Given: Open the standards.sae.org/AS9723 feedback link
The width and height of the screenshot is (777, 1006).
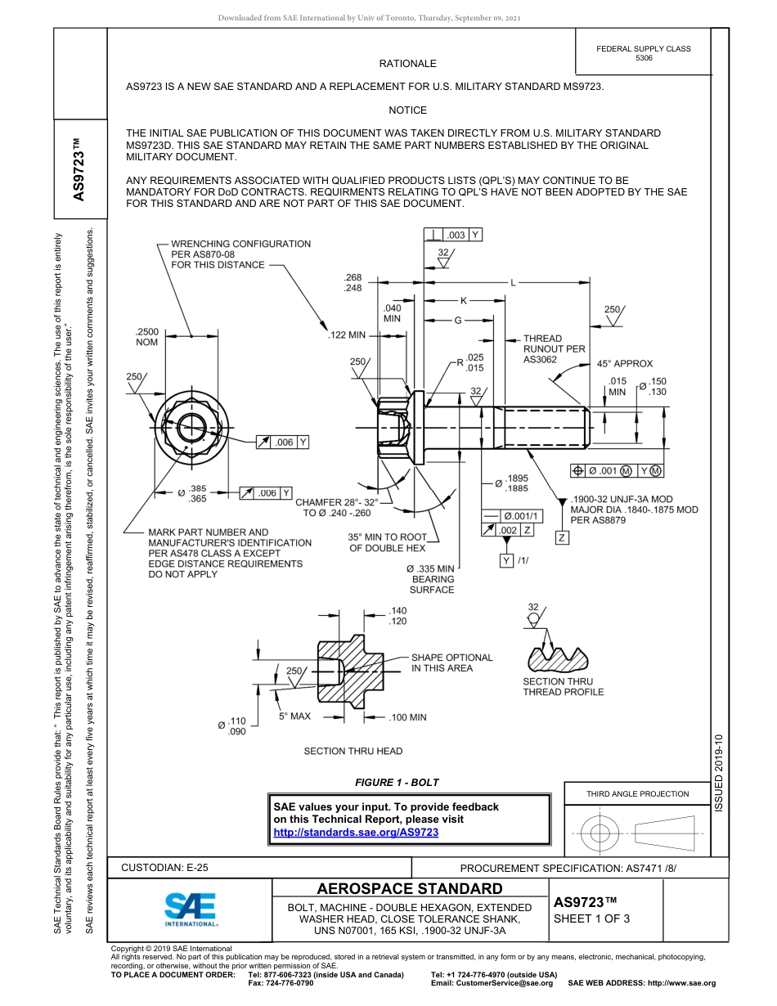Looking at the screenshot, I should click(x=356, y=833).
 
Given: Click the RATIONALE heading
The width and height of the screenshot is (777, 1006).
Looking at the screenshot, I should click(x=407, y=64).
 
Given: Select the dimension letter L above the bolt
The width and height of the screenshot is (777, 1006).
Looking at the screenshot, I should click(x=514, y=283).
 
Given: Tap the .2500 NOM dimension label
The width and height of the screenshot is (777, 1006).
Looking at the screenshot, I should click(x=146, y=337).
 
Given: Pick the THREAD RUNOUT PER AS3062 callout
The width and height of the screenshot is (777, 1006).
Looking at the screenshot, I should click(x=554, y=348).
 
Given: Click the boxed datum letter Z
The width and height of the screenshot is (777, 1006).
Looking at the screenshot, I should click(x=562, y=537).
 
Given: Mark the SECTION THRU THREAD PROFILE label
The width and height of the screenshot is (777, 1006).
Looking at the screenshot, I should click(x=564, y=687).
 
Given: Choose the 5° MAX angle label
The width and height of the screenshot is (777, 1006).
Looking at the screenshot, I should click(x=294, y=716).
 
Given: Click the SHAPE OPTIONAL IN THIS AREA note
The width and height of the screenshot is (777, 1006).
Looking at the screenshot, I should click(x=451, y=662).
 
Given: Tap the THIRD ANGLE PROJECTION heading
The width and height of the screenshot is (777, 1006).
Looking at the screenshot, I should click(x=637, y=793).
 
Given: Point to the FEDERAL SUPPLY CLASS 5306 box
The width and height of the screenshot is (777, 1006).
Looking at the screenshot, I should click(x=644, y=53).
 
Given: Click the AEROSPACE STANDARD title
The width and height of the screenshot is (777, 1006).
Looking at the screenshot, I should click(x=410, y=889).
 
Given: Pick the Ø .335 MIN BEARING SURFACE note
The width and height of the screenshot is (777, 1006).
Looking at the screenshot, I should click(x=431, y=579).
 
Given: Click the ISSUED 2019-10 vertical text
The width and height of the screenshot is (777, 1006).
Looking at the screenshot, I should click(x=719, y=773).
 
